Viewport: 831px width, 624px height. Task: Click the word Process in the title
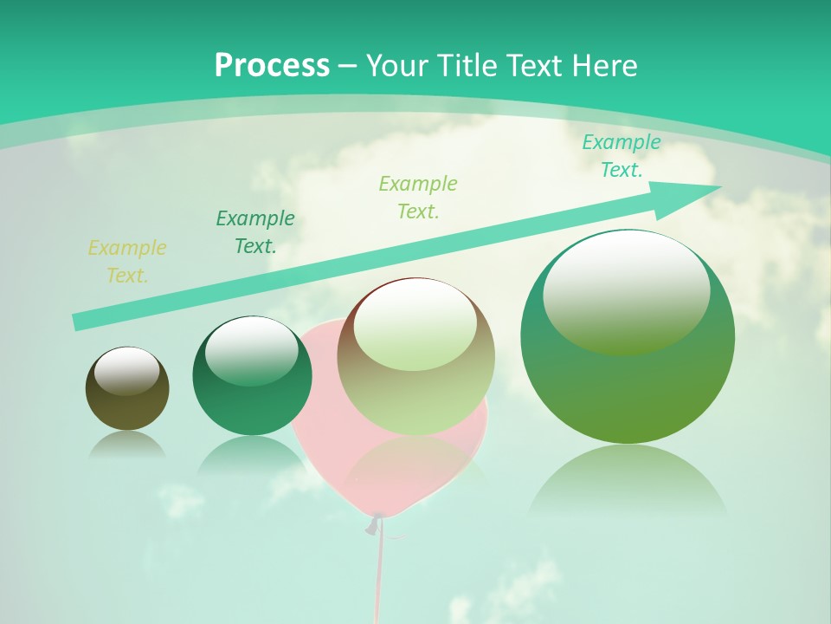pos(272,65)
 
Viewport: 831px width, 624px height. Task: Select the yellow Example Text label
pos(127,261)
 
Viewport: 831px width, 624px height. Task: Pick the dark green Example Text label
pos(255,231)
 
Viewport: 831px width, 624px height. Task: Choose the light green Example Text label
pos(418,197)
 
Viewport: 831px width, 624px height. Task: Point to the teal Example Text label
pos(621,156)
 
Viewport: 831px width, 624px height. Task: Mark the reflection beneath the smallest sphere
pos(127,444)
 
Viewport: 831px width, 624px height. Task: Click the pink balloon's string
pos(378,572)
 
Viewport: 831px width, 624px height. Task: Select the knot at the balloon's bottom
pos(374,523)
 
